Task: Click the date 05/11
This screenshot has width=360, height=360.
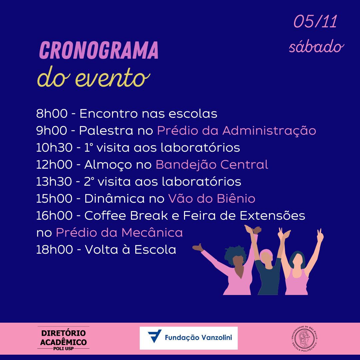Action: pyautogui.click(x=315, y=22)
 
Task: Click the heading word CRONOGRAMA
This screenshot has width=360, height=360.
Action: pyautogui.click(x=99, y=50)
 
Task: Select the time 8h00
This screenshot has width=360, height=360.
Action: pyautogui.click(x=52, y=113)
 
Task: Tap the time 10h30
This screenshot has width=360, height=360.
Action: pyautogui.click(x=54, y=147)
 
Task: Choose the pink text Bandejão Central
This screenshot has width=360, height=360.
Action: pyautogui.click(x=212, y=164)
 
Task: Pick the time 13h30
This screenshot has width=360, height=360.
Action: pyautogui.click(x=54, y=181)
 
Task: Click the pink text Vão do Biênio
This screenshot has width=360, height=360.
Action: pyautogui.click(x=211, y=198)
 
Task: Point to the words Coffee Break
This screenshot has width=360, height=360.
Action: pyautogui.click(x=126, y=215)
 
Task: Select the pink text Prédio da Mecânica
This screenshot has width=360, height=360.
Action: pyautogui.click(x=119, y=232)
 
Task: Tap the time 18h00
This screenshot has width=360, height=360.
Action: pyautogui.click(x=55, y=249)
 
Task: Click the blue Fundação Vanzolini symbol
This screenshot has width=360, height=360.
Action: pyautogui.click(x=155, y=336)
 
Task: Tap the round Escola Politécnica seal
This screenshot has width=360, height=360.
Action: pyautogui.click(x=304, y=338)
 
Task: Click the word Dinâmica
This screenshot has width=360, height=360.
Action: pyautogui.click(x=115, y=198)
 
